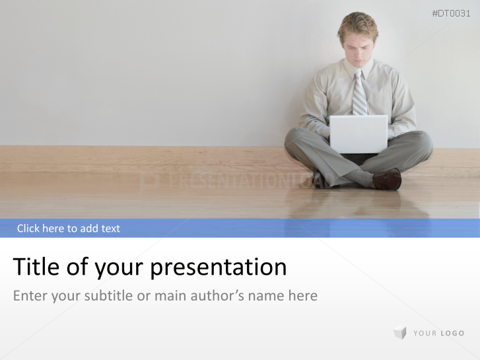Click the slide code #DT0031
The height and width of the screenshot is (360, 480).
point(451,13)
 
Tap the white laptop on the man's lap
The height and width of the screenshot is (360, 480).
point(358,133)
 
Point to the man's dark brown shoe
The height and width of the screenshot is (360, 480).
point(387,180)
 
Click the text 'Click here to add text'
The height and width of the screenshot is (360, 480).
point(69,229)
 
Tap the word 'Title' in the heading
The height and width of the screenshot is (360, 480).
point(36,267)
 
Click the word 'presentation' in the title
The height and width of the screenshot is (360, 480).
point(219,268)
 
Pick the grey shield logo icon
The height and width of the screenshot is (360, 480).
point(399,333)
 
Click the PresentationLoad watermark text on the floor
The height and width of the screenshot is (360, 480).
point(238,181)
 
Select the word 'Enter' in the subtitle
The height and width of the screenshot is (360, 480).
point(30,295)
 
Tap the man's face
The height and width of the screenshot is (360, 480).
point(358,48)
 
